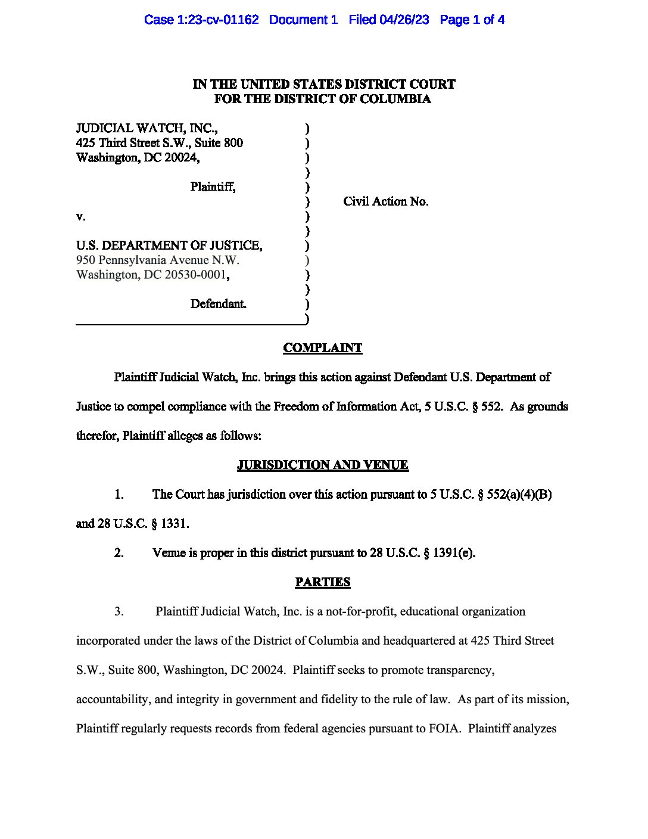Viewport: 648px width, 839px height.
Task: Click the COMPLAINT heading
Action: pos(322,348)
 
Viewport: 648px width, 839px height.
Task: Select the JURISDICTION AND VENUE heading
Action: pos(322,465)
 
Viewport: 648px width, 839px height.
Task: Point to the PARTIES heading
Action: pos(322,582)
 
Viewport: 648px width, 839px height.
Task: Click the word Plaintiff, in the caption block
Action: pos(213,187)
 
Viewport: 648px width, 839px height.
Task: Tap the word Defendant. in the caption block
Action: pos(218,304)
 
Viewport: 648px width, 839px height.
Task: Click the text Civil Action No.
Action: pos(385,201)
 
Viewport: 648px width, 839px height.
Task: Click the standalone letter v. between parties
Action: pos(80,216)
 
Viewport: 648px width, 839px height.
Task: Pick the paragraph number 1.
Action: pos(119,494)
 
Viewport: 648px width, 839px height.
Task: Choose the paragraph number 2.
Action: pos(119,553)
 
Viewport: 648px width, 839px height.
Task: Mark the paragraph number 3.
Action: pos(119,611)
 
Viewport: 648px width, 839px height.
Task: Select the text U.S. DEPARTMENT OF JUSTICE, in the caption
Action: pos(169,246)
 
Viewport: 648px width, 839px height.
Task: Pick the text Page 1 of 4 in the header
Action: pos(472,20)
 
